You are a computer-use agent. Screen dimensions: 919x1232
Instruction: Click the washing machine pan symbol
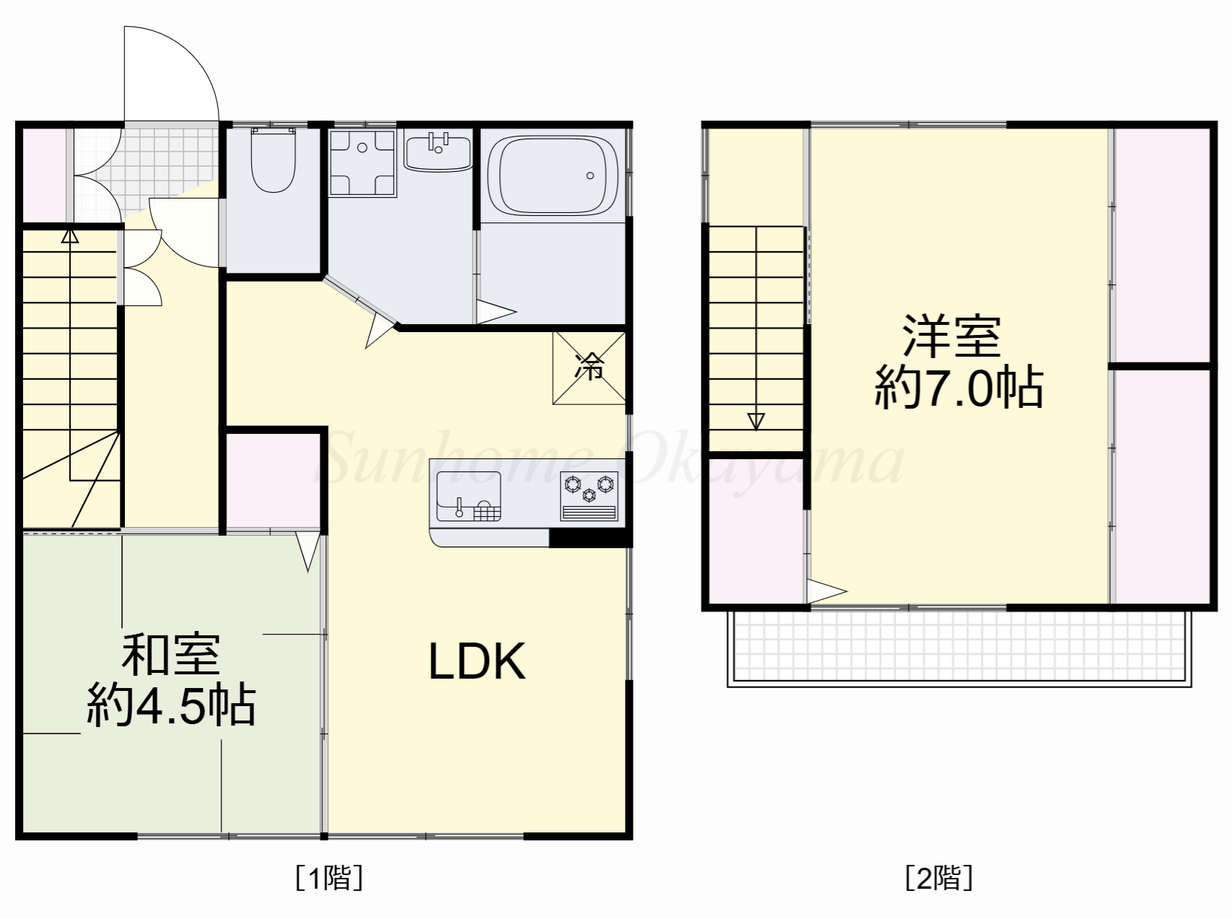click(362, 163)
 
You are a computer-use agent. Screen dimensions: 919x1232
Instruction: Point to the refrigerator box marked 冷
click(589, 367)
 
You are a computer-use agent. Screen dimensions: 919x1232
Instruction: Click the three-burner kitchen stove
click(589, 495)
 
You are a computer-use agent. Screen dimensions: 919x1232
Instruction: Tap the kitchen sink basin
click(468, 495)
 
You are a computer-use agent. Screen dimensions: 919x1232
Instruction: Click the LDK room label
click(476, 661)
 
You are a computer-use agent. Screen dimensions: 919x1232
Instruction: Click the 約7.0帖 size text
click(958, 388)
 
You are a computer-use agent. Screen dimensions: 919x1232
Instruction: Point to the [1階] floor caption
click(329, 879)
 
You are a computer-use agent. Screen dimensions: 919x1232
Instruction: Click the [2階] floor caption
click(939, 879)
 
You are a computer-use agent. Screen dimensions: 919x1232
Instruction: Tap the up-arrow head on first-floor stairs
click(69, 235)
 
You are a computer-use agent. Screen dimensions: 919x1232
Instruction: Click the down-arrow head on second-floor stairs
click(756, 421)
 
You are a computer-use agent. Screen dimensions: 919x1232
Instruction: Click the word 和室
click(170, 654)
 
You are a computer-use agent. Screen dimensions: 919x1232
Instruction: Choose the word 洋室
click(951, 336)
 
